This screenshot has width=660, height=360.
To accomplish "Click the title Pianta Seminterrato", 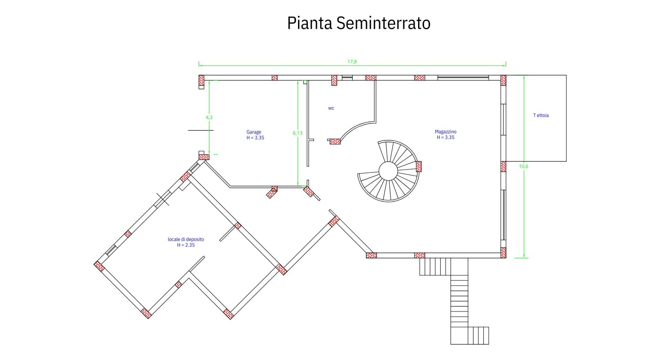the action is tap(359, 23).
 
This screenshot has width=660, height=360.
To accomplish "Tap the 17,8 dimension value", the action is tap(352, 62).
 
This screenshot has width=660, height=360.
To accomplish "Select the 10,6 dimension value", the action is tap(524, 166).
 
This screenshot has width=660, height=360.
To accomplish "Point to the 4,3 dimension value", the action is tap(209, 117).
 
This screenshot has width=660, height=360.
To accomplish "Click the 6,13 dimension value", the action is tap(298, 133).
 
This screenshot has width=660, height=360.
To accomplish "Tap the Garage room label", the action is tap(254, 132).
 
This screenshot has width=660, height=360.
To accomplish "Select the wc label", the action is tap(331, 108).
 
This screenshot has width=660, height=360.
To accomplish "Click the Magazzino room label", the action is tap(445, 132).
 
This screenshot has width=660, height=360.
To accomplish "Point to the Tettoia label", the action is tap(541, 115).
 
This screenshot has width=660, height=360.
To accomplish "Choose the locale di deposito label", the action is tap(186, 239).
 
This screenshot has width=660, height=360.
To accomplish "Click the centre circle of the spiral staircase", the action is tap(388, 171).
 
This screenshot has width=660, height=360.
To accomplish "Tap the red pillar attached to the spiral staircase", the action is tap(419, 166).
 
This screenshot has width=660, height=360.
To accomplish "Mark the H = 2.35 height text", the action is tap(186, 245).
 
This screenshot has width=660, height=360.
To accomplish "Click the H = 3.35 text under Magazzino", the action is tap(445, 138).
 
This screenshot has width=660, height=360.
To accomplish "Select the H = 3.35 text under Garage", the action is tap(255, 138).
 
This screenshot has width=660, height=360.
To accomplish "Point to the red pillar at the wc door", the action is tap(335, 141).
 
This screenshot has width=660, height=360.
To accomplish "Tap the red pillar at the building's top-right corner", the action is tap(503, 80).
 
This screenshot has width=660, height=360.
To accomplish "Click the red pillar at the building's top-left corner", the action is tap(201, 80).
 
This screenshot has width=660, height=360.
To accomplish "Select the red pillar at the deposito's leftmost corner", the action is tap(99, 266).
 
